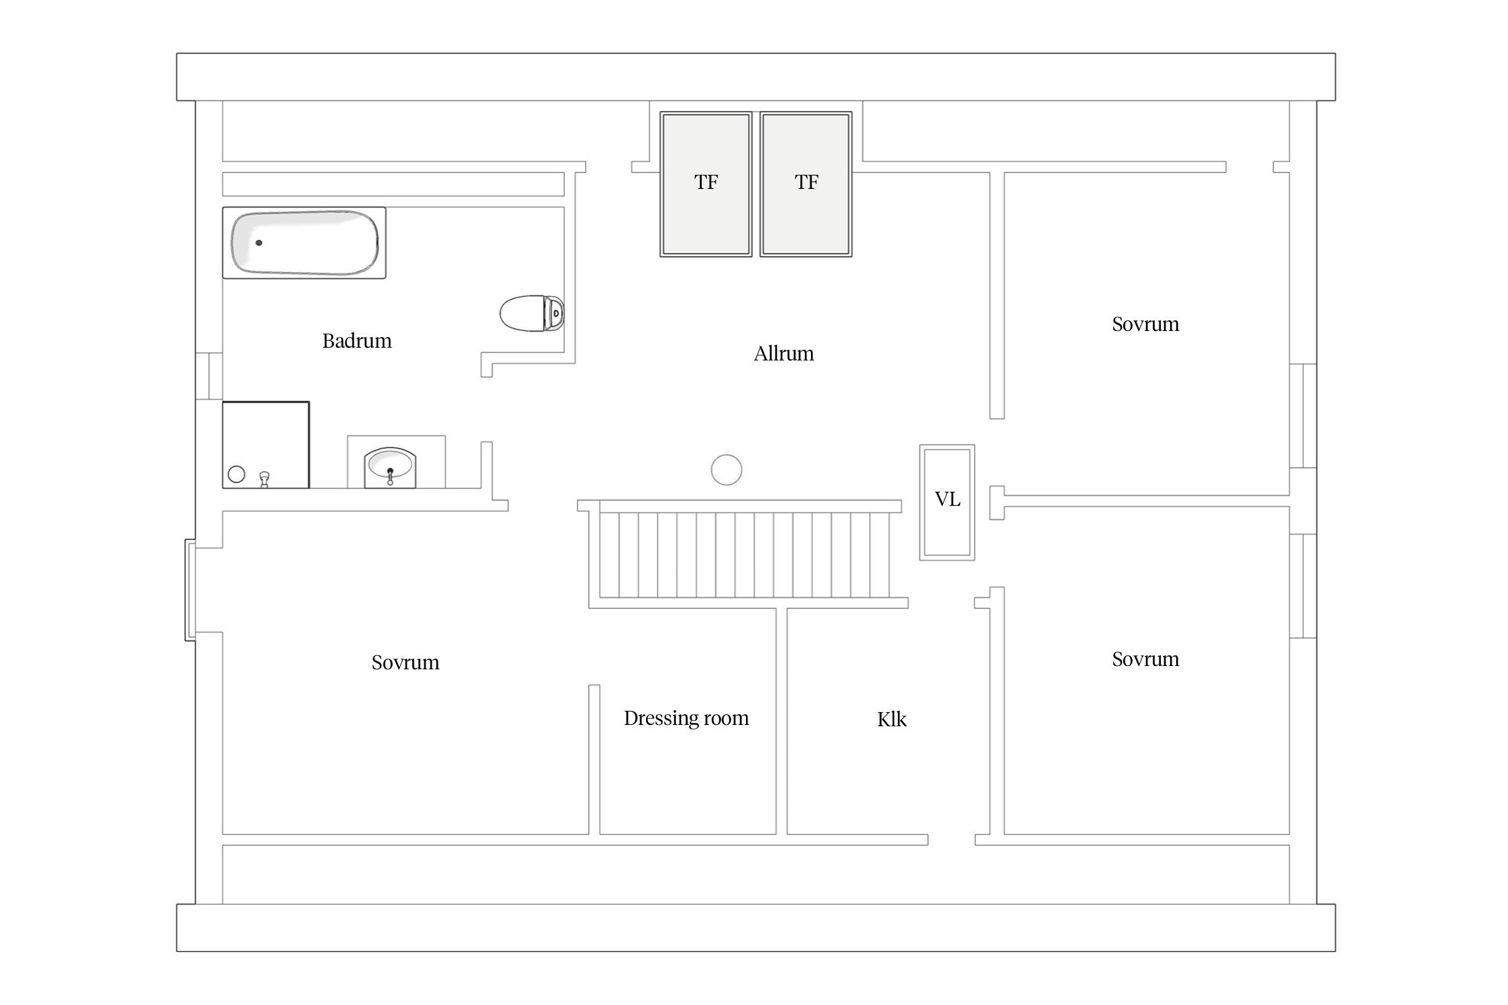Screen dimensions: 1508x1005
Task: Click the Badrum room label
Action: pos(357,341)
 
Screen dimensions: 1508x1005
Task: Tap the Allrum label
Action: pos(783,354)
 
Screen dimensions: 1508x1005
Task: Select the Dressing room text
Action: pos(686,718)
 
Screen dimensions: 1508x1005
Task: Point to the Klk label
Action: pos(891,720)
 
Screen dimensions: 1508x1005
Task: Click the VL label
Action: pos(947,499)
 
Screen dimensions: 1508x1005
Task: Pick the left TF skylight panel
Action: pos(706,184)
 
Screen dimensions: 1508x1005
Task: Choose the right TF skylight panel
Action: pos(806,184)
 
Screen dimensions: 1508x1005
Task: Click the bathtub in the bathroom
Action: pos(304,243)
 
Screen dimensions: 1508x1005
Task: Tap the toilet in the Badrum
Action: pos(532,313)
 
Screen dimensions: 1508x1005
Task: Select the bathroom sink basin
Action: pos(390,467)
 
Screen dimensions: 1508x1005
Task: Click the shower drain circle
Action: pos(237,474)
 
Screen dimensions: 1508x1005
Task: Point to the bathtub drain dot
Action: pos(259,243)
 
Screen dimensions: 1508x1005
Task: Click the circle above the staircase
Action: pos(727,470)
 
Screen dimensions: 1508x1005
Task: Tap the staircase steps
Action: pos(745,555)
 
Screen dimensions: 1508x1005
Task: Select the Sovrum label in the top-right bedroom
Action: pos(1145,324)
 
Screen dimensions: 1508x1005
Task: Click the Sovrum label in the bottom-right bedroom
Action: pos(1145,659)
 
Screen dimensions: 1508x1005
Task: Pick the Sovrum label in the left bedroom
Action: pos(405,663)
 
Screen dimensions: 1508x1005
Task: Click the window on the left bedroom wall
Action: pos(190,590)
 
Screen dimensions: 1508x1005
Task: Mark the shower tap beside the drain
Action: pos(265,478)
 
